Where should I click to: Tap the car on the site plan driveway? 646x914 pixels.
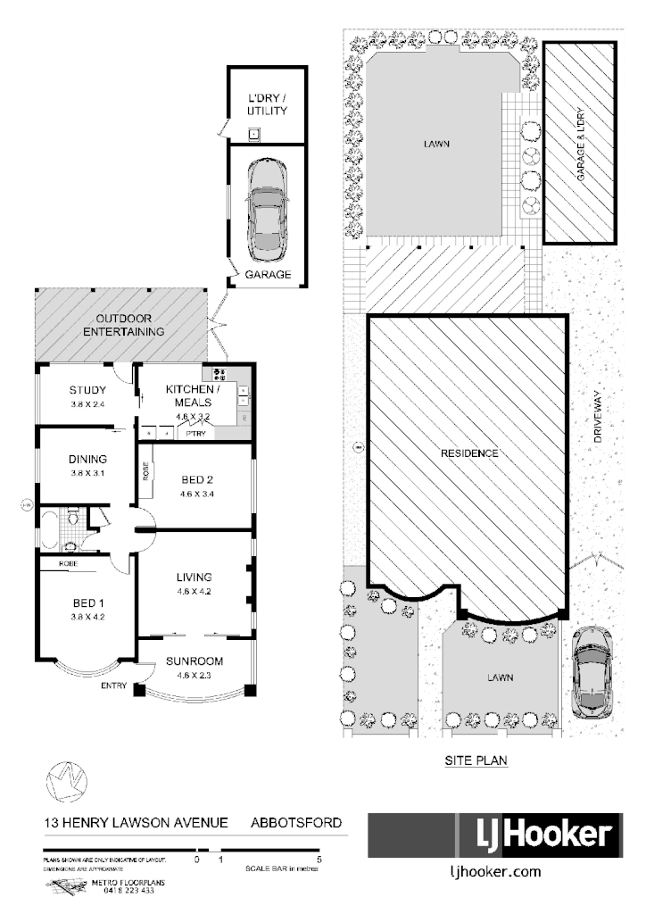pos(591,671)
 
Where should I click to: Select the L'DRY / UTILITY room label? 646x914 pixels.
pos(267,104)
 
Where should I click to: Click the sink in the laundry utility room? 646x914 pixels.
pos(254,135)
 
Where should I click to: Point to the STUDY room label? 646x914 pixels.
pos(87,390)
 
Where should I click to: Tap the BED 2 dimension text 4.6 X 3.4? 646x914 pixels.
pos(196,493)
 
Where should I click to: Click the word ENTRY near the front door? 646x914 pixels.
pos(114,685)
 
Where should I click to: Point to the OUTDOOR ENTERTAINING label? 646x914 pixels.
pos(124,325)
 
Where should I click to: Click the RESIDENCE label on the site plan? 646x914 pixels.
pos(468,453)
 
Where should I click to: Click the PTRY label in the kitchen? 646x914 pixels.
pos(196,434)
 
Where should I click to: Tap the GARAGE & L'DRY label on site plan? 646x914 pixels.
pos(579,145)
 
